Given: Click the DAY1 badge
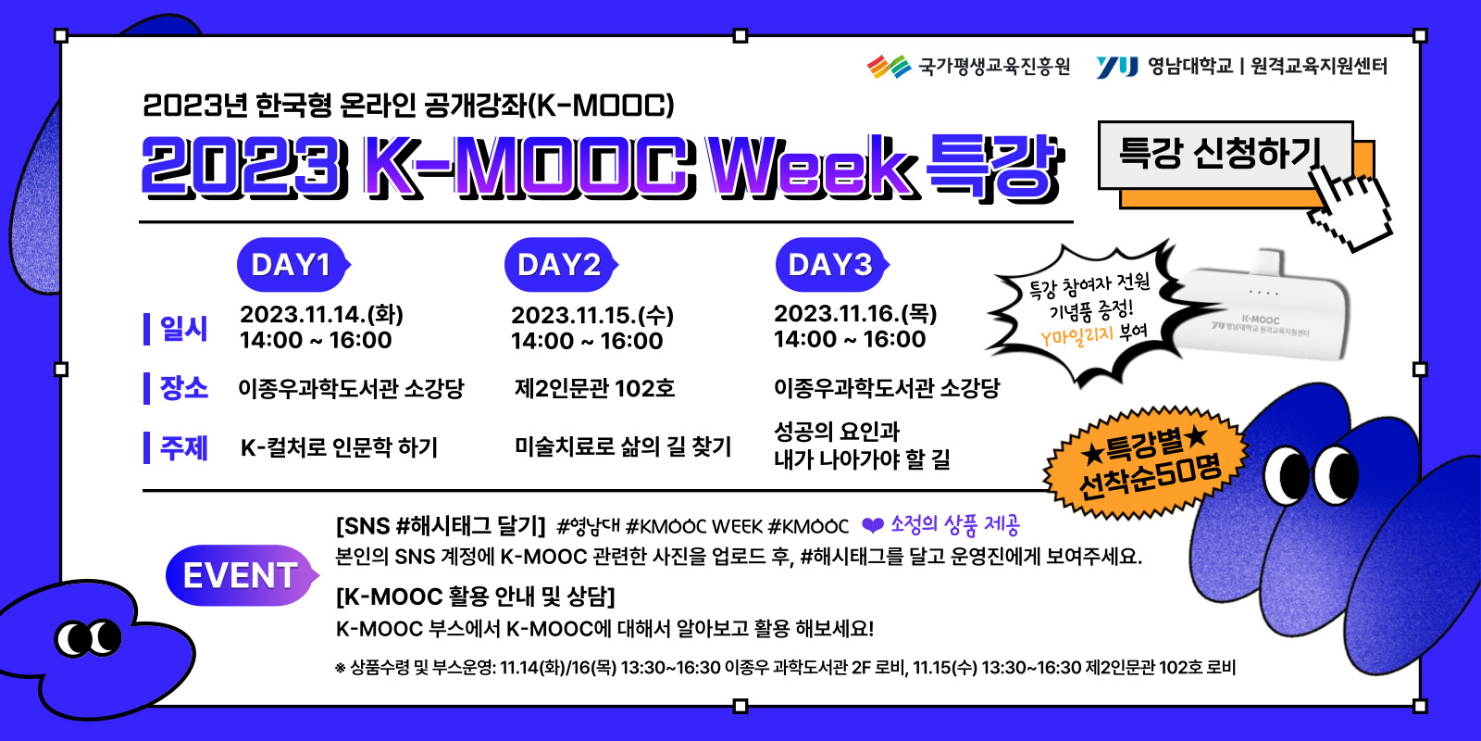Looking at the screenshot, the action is coord(293,265).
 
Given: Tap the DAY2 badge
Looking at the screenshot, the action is coord(561,265).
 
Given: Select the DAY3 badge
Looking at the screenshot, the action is coord(832,265).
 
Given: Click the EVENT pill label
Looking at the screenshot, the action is coord(242,575).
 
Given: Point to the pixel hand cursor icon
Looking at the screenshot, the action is coord(1349,208).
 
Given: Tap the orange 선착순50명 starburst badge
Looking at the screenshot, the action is coord(1147,463).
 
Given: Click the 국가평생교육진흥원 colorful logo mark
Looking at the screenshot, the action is coord(889,67).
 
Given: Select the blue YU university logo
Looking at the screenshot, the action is coord(1116,67).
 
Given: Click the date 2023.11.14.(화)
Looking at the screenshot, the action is coord(321,314).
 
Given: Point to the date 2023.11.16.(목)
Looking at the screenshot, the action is coord(855,313).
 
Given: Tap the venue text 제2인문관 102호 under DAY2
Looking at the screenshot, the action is coord(594,388).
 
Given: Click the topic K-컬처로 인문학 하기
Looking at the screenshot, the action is coord(339,447).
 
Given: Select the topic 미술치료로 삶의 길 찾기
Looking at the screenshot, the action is coord(623,446).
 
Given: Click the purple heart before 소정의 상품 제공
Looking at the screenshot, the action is coord(873,525).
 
